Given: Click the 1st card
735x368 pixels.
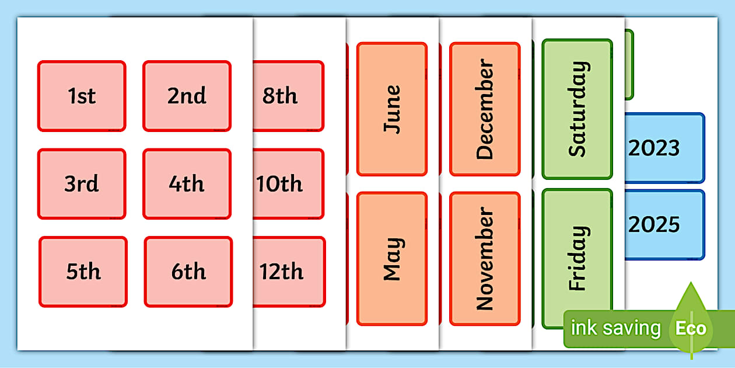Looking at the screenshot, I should (x=82, y=96).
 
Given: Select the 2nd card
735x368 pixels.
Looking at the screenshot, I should (x=187, y=96).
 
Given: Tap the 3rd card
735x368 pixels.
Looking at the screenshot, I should (x=82, y=184).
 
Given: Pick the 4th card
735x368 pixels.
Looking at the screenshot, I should (x=187, y=184).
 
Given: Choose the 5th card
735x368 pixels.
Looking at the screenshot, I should (x=83, y=272).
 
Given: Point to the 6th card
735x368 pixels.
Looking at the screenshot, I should (x=188, y=272).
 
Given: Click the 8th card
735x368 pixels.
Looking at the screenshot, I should (x=288, y=96).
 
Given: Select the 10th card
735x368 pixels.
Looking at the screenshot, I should (x=288, y=184).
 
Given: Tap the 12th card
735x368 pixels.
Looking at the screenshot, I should (x=289, y=272).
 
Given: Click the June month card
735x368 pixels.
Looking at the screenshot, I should (x=392, y=109).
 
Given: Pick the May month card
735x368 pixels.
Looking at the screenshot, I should (x=392, y=258).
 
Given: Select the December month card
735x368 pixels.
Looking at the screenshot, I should (x=485, y=109).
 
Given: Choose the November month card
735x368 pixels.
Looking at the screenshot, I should (x=485, y=258).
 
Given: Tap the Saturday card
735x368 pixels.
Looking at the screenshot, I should (x=577, y=109).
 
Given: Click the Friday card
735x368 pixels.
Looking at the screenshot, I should (x=577, y=258).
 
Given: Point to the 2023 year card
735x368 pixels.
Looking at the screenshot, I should (x=664, y=148).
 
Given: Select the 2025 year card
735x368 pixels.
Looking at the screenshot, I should (x=664, y=224).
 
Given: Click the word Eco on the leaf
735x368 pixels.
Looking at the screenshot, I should (x=691, y=328).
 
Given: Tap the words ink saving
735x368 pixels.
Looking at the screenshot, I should (x=615, y=328).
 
